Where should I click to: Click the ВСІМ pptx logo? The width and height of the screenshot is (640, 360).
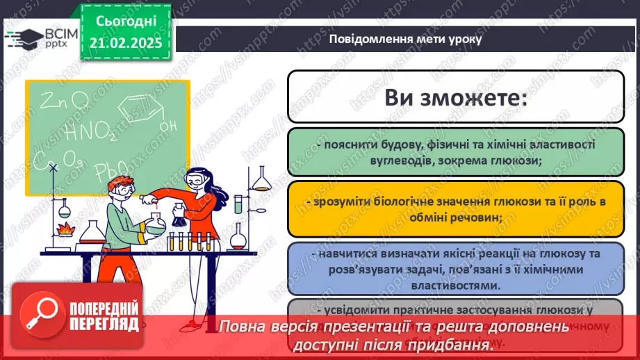click(42, 38)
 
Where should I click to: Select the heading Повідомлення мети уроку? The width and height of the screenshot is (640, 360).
click(405, 39)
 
